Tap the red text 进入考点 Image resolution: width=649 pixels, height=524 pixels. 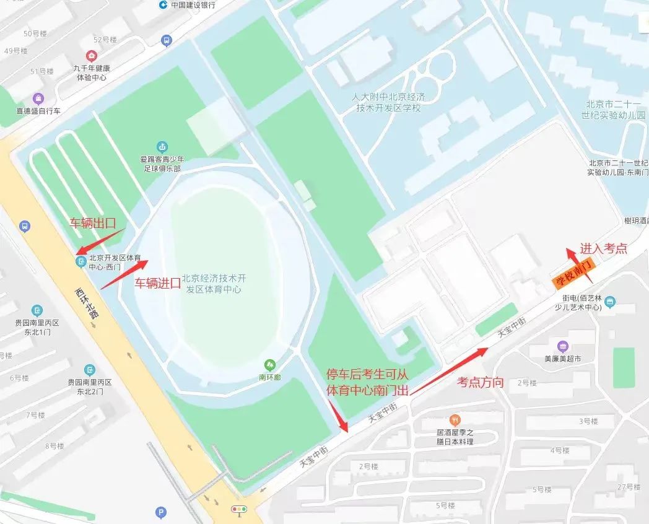click(x=603, y=248)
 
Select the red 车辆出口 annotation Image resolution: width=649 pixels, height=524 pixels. click(x=92, y=224)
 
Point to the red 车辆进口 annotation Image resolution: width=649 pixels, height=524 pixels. click(x=158, y=284)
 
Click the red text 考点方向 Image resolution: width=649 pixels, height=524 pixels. click(x=480, y=382)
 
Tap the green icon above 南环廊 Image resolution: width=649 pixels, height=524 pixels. click(x=269, y=364)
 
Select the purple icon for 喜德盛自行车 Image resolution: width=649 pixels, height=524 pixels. click(x=38, y=98)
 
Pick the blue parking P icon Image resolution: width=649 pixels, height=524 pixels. click(x=160, y=512)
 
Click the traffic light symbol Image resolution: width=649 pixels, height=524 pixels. click(x=238, y=510)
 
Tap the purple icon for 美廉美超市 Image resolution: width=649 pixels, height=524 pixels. click(x=562, y=346)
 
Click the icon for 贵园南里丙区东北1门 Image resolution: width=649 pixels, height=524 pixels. click(x=38, y=310)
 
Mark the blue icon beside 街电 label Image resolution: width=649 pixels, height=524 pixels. click(x=611, y=302)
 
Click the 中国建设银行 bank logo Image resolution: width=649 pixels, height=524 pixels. click(x=162, y=5)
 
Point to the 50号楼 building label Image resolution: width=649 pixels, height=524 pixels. click(x=35, y=33)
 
